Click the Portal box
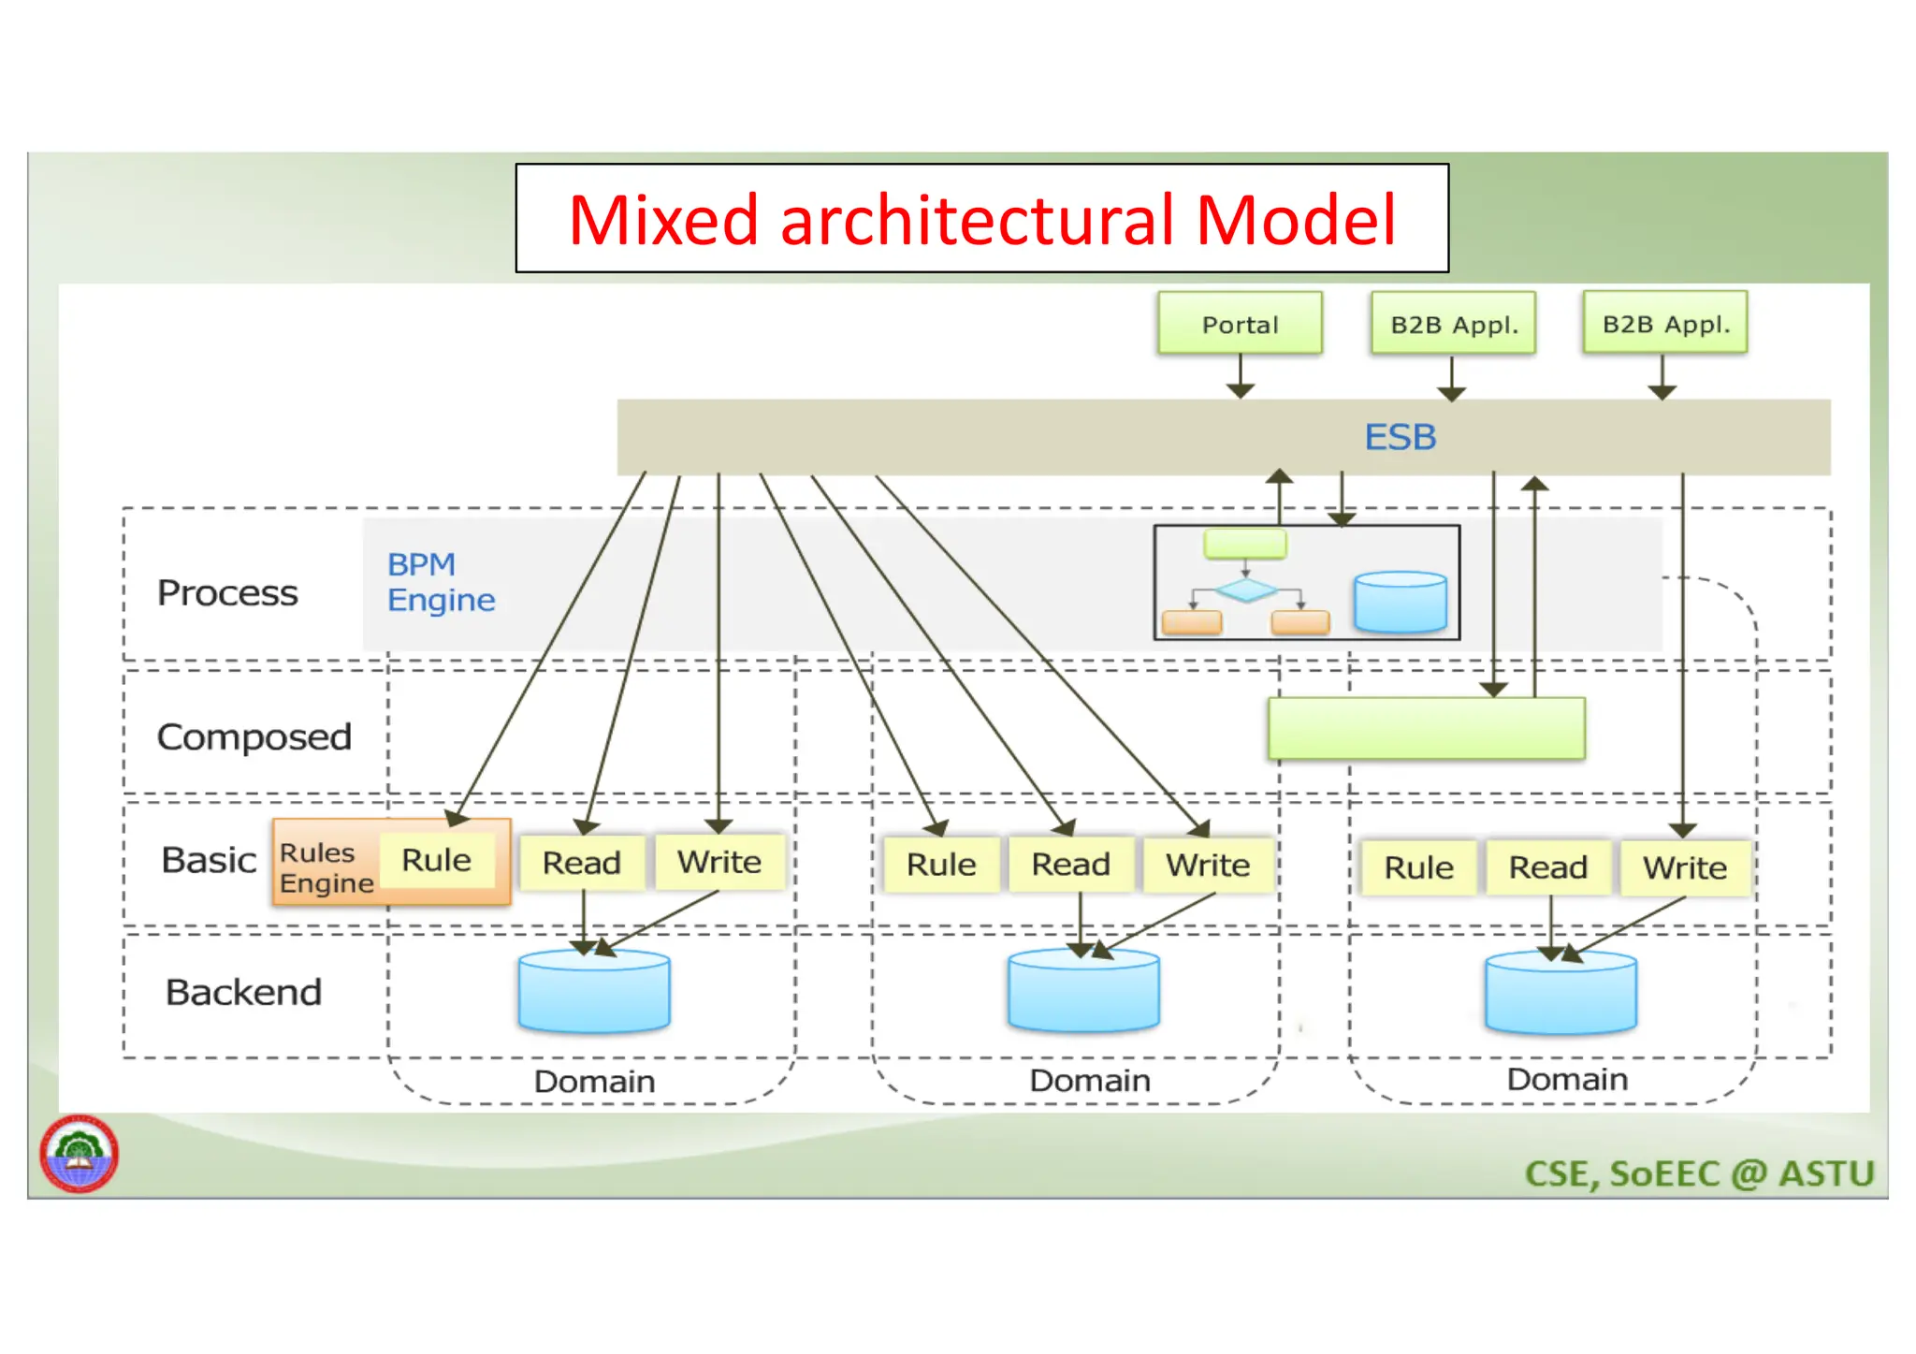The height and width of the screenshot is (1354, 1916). (x=1239, y=324)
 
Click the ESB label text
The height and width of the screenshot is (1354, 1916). (x=1400, y=437)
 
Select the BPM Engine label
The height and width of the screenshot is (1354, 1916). (x=441, y=582)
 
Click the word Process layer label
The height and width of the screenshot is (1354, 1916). (x=227, y=593)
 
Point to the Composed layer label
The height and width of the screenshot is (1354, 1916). (x=254, y=737)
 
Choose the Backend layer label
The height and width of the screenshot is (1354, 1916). (x=243, y=992)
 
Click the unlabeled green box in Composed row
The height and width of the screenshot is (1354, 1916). (x=1426, y=728)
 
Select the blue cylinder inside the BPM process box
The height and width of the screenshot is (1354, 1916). (x=1400, y=602)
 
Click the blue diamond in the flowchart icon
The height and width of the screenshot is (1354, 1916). (x=1245, y=590)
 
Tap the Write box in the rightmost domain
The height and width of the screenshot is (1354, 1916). (x=1684, y=868)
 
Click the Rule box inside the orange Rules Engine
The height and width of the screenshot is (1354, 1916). (x=436, y=860)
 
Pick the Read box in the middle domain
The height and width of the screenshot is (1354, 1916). (x=1070, y=865)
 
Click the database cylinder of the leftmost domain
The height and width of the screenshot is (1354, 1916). (x=594, y=992)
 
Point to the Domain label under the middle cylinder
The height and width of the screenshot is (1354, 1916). (x=1090, y=1081)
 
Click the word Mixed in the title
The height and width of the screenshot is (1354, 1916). (x=663, y=221)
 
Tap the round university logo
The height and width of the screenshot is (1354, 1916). (x=80, y=1153)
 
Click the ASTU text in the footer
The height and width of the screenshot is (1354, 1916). (x=1826, y=1173)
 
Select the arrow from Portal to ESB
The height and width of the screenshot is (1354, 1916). (x=1240, y=376)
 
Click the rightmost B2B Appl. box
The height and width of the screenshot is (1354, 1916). (x=1665, y=324)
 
